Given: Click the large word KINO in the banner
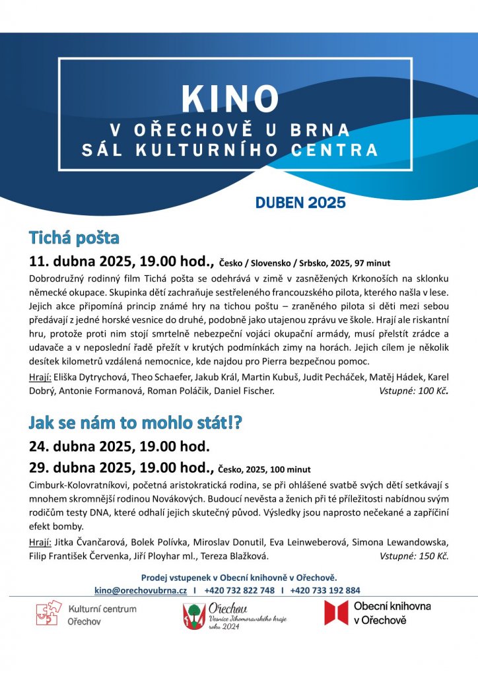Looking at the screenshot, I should [230, 99].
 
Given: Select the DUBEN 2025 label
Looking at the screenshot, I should [300, 203].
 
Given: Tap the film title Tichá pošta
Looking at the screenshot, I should [73, 237].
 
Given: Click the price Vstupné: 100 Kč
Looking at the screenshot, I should [414, 391].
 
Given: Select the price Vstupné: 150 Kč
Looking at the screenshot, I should [414, 556].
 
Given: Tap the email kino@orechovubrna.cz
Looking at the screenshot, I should [141, 590].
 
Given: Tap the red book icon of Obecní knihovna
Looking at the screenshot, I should [335, 613].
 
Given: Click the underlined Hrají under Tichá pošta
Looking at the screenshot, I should [41, 377].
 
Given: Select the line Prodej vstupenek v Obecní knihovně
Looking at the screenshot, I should [239, 578].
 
